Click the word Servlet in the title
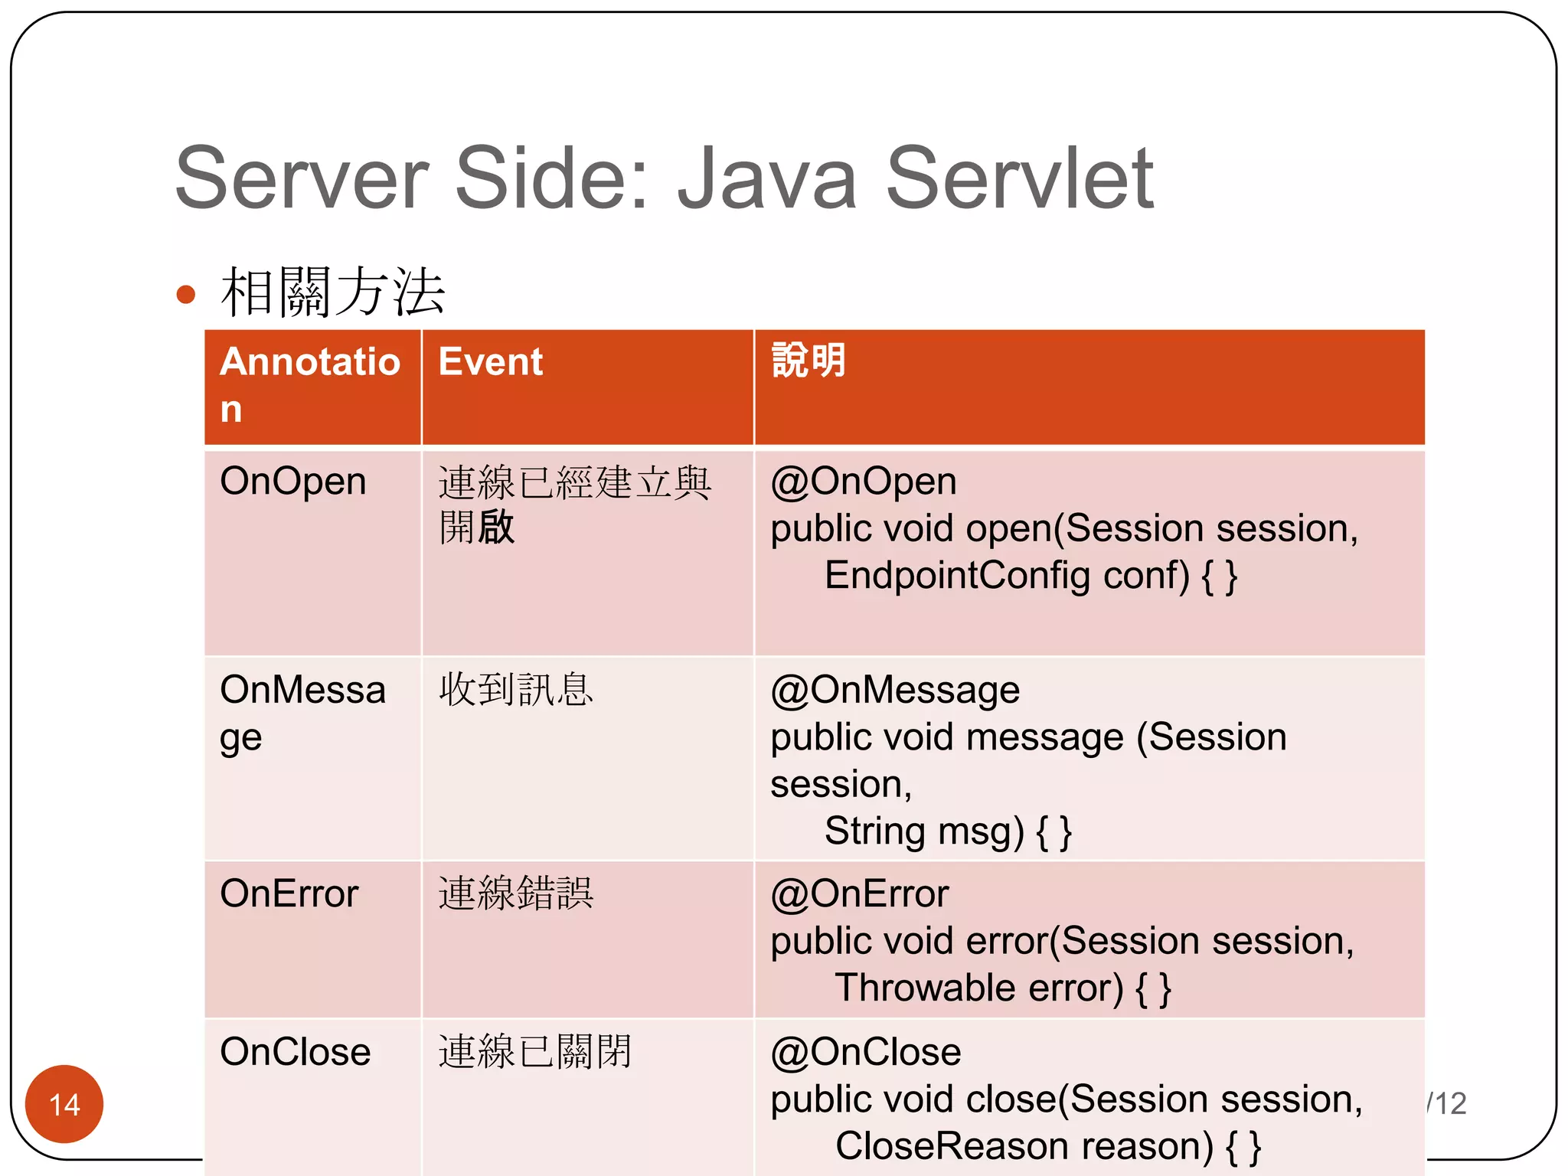(1019, 179)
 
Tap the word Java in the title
(766, 179)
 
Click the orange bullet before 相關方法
(185, 294)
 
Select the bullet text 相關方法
(332, 292)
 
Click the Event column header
(490, 361)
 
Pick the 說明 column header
(808, 361)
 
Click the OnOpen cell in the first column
(292, 482)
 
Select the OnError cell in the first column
(289, 893)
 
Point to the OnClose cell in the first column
(295, 1051)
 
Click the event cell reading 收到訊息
(515, 689)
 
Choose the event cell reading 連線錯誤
(515, 893)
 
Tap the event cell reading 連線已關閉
(534, 1051)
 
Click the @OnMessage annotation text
(894, 690)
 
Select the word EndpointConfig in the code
(957, 576)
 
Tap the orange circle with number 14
(64, 1104)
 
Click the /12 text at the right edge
(1446, 1103)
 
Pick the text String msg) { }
(948, 831)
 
